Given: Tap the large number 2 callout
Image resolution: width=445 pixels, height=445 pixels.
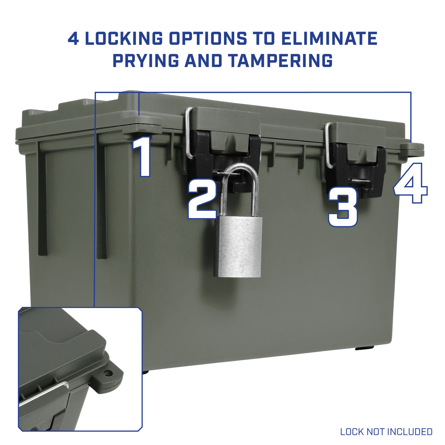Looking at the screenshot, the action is pyautogui.click(x=203, y=199).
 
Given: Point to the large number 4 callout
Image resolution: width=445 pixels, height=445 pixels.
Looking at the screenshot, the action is pyautogui.click(x=411, y=183).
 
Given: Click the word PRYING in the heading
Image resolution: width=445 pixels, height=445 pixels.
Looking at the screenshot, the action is pyautogui.click(x=146, y=60).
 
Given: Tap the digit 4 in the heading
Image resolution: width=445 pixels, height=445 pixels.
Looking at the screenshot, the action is pyautogui.click(x=74, y=38).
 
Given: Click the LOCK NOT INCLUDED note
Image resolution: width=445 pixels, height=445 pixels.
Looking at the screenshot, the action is pyautogui.click(x=386, y=431).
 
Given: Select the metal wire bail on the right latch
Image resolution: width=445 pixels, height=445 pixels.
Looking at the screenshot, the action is pyautogui.click(x=328, y=145).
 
